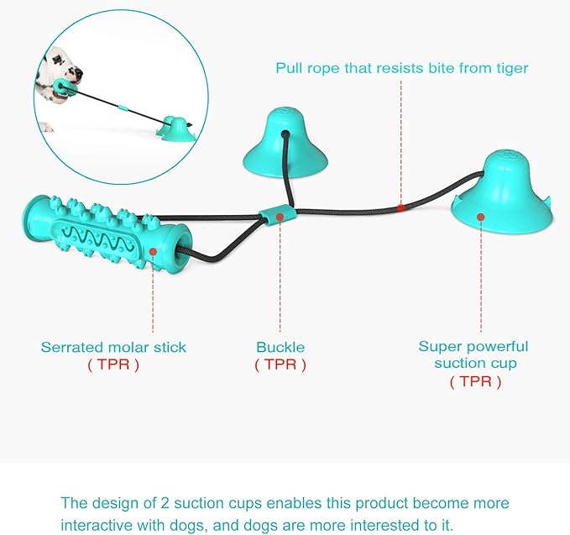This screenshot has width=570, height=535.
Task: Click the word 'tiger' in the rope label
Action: tap(512, 68)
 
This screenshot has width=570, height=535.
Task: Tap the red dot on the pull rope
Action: tap(400, 208)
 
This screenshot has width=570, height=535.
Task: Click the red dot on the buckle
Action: tap(280, 218)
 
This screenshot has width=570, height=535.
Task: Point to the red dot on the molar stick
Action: tap(153, 252)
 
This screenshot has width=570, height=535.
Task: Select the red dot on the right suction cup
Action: tap(480, 218)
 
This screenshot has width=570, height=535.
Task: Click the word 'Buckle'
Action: tap(280, 347)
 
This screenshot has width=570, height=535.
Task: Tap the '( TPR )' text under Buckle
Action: tap(280, 365)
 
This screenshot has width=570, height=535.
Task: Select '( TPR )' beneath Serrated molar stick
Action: tap(113, 365)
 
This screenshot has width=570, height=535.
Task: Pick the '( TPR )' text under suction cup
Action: tap(475, 381)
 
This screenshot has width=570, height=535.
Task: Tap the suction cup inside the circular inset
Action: tap(175, 129)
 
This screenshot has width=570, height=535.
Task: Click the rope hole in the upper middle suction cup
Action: tap(285, 134)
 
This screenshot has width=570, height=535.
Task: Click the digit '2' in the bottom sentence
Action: tap(165, 503)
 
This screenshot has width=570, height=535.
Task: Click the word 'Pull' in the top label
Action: tap(290, 68)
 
